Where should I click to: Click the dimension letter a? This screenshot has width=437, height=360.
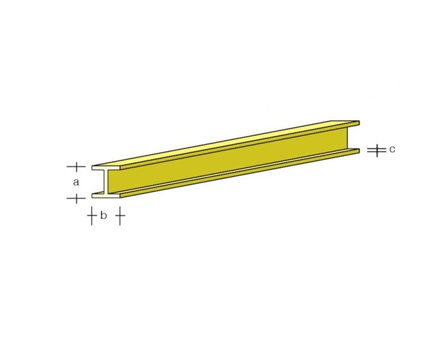pos(76,182)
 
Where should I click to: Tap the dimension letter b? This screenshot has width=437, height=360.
pos(104,215)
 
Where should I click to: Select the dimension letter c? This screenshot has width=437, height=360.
pos(391,149)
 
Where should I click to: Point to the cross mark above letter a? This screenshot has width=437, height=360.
pos(76,167)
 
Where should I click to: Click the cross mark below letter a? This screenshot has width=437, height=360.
pos(76,198)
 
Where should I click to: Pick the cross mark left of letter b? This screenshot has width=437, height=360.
pos(92,216)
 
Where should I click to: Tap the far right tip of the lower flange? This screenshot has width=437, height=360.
pos(359,150)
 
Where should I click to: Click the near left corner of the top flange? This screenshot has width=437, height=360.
pos(92,167)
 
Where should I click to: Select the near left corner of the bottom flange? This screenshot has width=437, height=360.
pos(92,195)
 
